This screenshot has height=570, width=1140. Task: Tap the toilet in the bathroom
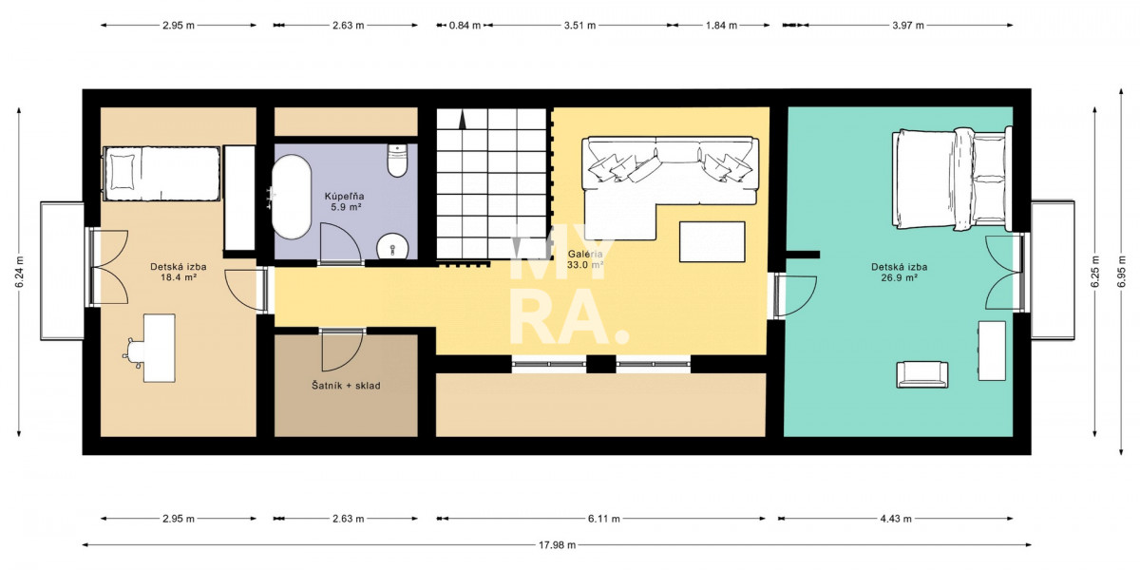(397, 161)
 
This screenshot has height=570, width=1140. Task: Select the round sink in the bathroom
(392, 248)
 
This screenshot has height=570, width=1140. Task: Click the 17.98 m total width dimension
(558, 545)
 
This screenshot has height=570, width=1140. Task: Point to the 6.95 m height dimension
(1121, 272)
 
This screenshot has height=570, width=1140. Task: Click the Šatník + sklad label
(346, 386)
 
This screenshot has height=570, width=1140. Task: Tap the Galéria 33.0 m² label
(585, 259)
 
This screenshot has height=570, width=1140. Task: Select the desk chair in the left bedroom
(134, 352)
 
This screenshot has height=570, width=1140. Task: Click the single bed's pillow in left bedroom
(123, 172)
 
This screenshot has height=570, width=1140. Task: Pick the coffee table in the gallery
(712, 241)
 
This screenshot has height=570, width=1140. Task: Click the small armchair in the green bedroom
(922, 375)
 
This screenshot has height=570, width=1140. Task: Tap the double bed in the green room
(951, 179)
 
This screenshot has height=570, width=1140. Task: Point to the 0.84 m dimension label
(465, 25)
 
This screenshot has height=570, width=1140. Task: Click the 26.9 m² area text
(900, 277)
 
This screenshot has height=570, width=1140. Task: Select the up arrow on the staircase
(463, 122)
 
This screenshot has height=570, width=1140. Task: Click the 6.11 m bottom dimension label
(604, 519)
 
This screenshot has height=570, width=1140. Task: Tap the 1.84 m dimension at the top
(721, 25)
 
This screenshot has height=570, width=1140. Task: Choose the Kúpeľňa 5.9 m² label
(345, 201)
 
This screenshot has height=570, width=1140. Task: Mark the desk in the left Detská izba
(160, 348)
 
